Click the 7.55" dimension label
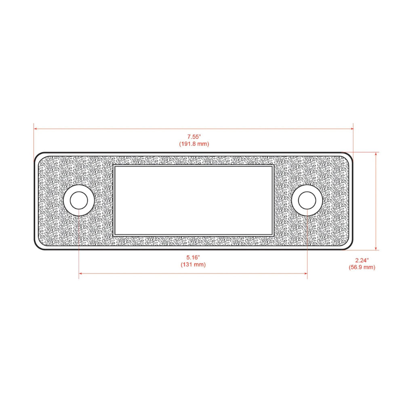point(194,137)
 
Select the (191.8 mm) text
point(194,144)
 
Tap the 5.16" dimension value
point(193,257)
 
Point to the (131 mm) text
point(193,265)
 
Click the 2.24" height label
point(362,260)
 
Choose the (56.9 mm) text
point(362,267)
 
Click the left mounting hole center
point(79,200)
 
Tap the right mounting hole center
point(307,200)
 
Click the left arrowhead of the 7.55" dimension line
point(36,129)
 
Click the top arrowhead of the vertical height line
point(376,154)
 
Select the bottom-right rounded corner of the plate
point(349,246)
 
